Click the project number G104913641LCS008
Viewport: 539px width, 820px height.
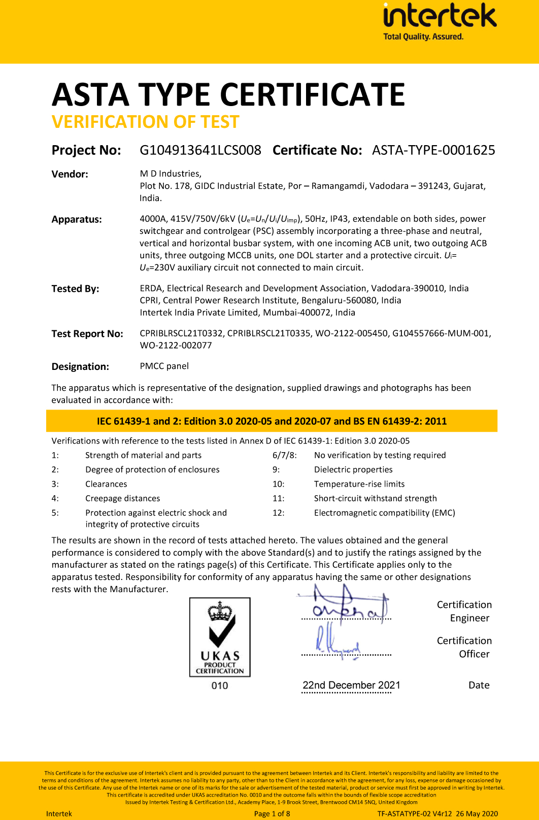click(x=200, y=150)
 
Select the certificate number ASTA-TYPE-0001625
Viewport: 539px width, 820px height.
click(x=433, y=150)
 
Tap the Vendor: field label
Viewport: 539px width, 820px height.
click(x=70, y=174)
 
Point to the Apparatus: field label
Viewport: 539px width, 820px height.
click(x=77, y=219)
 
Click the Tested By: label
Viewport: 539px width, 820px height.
click(x=75, y=289)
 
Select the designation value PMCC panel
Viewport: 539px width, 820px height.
click(x=164, y=366)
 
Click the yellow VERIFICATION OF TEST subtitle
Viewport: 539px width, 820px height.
click(x=145, y=122)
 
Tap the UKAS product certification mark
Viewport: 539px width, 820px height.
click(x=220, y=637)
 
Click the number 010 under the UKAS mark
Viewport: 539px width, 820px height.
click(x=220, y=686)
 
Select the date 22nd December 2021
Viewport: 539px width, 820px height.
click(x=351, y=685)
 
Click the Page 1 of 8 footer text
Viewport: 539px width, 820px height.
click(x=272, y=814)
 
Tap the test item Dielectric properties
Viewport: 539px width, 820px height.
click(x=353, y=470)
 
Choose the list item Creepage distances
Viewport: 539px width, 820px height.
click(x=122, y=498)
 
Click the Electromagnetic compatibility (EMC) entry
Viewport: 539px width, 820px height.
click(x=384, y=512)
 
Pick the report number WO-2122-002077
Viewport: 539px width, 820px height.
click(x=176, y=346)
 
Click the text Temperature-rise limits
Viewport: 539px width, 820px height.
click(x=359, y=484)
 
